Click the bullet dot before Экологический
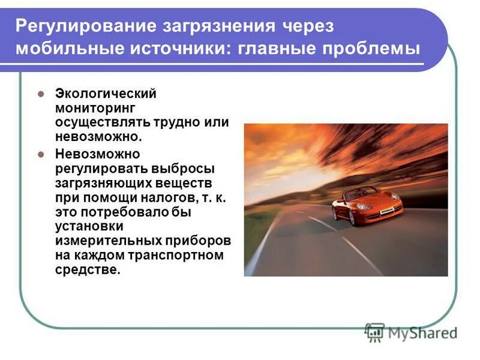pyautogui.click(x=41, y=94)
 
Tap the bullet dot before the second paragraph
pyautogui.click(x=41, y=154)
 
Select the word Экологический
pyautogui.click(x=106, y=94)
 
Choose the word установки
pyautogui.click(x=89, y=226)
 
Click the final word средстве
pyautogui.click(x=88, y=269)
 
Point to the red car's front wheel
pyautogui.click(x=352, y=217)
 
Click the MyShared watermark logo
pyautogui.click(x=411, y=332)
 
